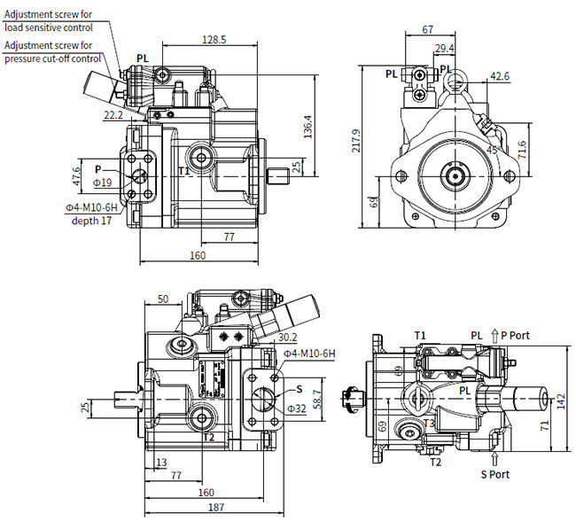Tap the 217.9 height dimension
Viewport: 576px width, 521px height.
pos(357,141)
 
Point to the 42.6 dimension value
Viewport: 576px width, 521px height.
pos(500,77)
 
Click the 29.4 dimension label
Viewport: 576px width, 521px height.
pos(444,48)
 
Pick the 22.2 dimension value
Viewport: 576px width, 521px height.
pos(113,115)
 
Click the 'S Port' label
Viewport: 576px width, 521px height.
pos(497,474)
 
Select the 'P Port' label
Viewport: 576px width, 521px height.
pos(515,335)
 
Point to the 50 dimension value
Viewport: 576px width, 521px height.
pos(162,299)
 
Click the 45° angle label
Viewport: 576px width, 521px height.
pos(492,149)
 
